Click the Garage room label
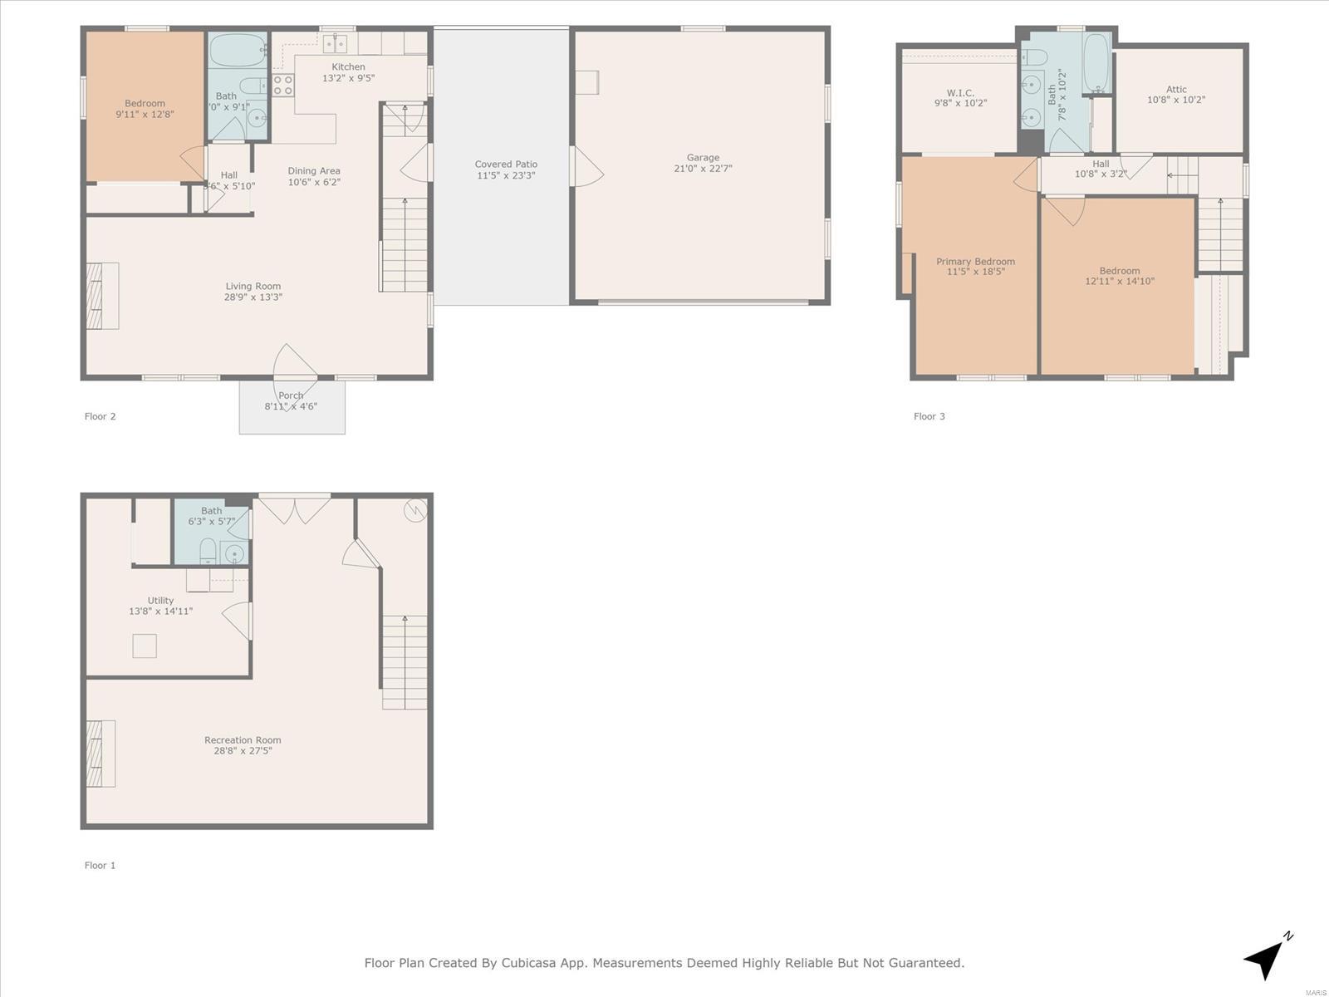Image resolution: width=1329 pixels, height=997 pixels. [x=703, y=157]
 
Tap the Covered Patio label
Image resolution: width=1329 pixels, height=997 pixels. [x=506, y=164]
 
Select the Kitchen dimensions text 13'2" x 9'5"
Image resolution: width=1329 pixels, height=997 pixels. [x=348, y=78]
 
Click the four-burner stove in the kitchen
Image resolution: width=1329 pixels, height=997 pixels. [x=282, y=85]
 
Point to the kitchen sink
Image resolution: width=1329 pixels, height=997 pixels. [x=334, y=43]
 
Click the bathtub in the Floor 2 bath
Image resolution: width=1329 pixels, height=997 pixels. [x=238, y=50]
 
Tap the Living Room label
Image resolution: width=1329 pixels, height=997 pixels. [x=253, y=286]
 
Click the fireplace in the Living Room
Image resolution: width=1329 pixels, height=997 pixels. [x=102, y=296]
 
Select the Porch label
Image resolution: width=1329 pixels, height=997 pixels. [x=291, y=395]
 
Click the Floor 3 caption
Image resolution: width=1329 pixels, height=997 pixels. [x=929, y=416]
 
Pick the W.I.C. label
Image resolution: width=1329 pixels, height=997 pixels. [x=960, y=92]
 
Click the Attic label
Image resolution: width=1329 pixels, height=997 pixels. [x=1176, y=90]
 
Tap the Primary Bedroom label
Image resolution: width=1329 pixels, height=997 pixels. [x=975, y=262]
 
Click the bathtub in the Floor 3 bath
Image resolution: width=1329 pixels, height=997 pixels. [x=1096, y=64]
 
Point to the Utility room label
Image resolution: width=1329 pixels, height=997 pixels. [x=160, y=601]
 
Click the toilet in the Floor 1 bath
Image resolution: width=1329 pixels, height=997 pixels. [x=208, y=551]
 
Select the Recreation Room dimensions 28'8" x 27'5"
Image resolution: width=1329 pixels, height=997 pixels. [x=243, y=750]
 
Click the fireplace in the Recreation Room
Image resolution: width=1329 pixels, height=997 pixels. [x=101, y=754]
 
